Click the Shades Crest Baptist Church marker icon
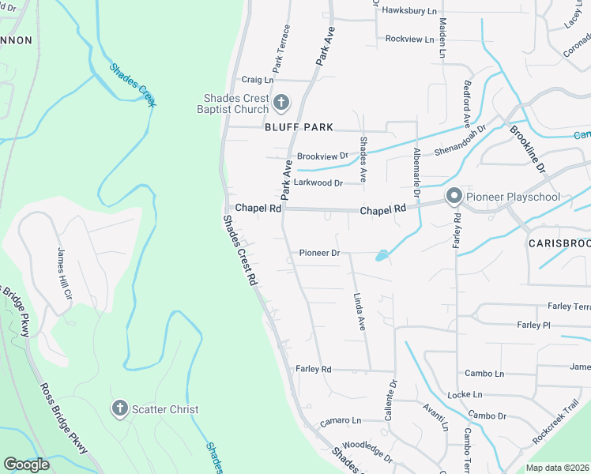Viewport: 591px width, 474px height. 280,103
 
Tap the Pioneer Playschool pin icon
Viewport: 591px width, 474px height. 454,197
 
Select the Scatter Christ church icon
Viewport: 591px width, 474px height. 119,409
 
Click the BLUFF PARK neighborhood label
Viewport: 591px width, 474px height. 299,127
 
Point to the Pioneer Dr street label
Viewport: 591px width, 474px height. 319,254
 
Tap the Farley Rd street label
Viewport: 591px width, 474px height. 313,369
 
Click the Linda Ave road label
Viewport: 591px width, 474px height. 359,312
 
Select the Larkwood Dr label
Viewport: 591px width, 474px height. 318,182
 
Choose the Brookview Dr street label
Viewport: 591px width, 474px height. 322,156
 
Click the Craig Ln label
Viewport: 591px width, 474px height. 257,80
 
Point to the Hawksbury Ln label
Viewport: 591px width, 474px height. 409,11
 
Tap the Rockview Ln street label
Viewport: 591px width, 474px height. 409,39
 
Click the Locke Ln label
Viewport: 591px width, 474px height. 465,394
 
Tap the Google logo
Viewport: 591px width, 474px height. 26,465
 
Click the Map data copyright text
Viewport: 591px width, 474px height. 558,468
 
